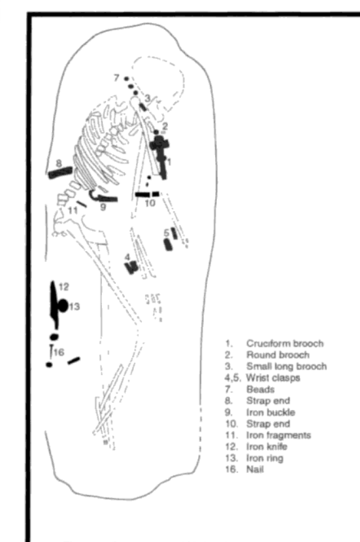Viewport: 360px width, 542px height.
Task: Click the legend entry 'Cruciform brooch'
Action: (285, 343)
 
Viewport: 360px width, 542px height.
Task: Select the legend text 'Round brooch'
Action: (278, 355)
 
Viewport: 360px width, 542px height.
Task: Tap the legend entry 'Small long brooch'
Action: (286, 366)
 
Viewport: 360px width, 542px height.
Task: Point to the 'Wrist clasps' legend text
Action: (273, 378)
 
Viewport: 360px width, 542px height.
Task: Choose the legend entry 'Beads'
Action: (261, 389)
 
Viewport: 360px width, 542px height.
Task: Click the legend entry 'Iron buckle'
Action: (270, 413)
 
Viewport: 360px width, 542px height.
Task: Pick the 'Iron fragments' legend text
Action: (278, 435)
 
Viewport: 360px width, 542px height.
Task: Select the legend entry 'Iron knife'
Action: (267, 447)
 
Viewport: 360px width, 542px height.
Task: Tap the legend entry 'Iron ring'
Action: (265, 458)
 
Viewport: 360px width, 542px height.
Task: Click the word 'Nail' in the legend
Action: (255, 469)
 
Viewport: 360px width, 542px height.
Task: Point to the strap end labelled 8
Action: (61, 173)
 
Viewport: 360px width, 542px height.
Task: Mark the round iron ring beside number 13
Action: (63, 305)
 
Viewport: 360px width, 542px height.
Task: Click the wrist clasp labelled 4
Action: (131, 267)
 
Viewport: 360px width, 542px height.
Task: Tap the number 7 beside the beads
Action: (117, 78)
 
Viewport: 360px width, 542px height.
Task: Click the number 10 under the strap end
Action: (150, 203)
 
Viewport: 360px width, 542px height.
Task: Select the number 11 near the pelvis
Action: (73, 210)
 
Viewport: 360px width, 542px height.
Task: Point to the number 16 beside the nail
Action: (59, 352)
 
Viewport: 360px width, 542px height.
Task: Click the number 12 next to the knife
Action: (63, 287)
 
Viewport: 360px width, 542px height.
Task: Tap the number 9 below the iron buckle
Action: (103, 207)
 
